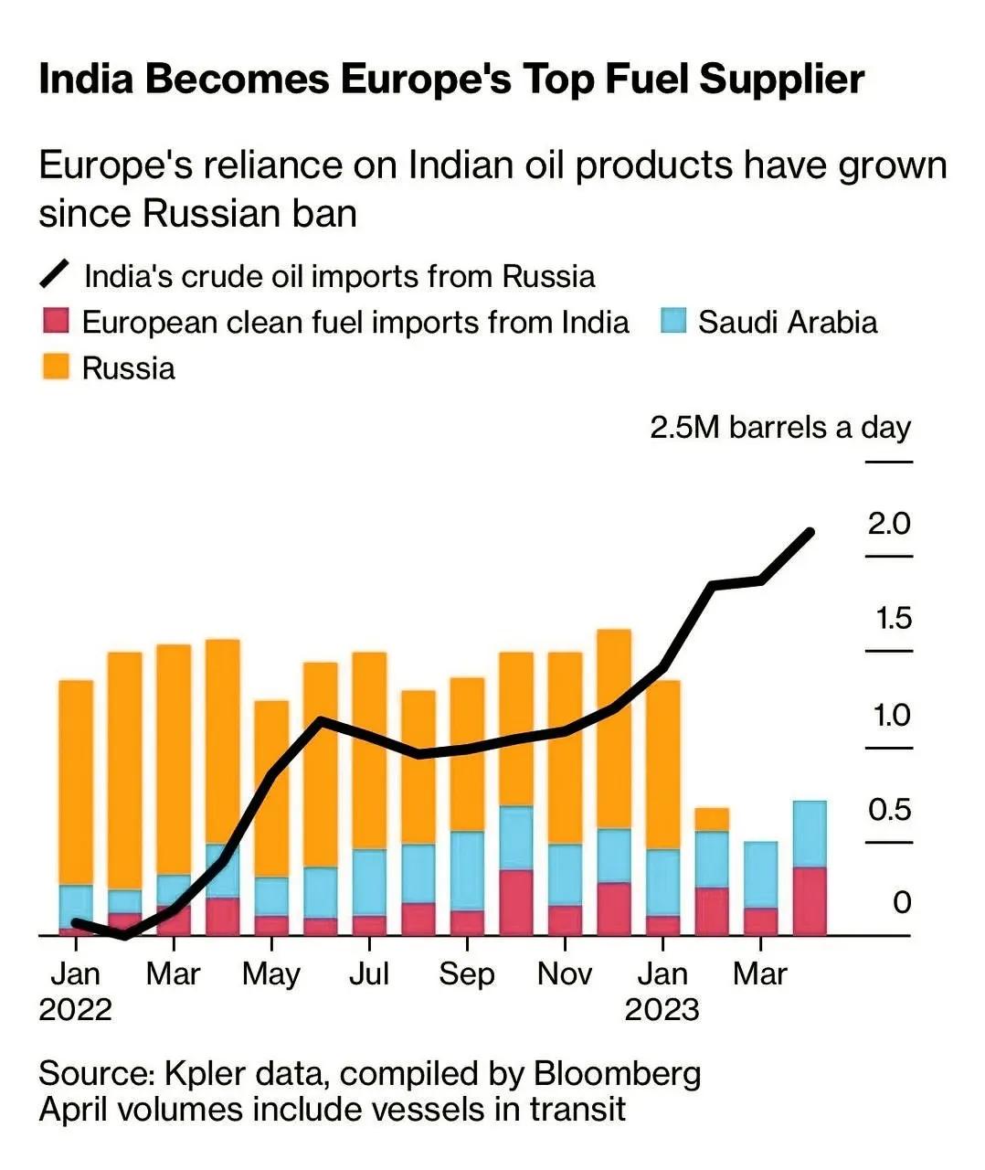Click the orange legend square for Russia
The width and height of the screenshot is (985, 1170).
[x=55, y=367]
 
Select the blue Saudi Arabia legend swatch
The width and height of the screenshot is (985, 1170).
[x=673, y=322]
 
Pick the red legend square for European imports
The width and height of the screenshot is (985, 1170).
[x=55, y=322]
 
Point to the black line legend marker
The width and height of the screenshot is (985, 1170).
[x=55, y=274]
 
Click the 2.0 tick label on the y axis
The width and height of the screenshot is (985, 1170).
[x=889, y=524]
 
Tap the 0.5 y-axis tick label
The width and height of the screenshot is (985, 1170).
[x=889, y=810]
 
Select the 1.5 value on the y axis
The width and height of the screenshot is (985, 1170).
[x=893, y=620]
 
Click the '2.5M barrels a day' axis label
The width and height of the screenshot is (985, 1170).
[x=780, y=428]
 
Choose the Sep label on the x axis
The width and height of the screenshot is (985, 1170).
[x=466, y=974]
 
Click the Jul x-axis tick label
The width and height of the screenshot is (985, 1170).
[x=368, y=974]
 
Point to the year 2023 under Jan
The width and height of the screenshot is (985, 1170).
[x=662, y=1010]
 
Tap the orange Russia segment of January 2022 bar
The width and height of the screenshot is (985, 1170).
[x=76, y=782]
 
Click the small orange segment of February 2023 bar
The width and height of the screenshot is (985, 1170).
[x=712, y=819]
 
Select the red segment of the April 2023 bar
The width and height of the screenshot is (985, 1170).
[x=810, y=901]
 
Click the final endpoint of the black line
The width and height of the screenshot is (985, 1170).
[x=810, y=531]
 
